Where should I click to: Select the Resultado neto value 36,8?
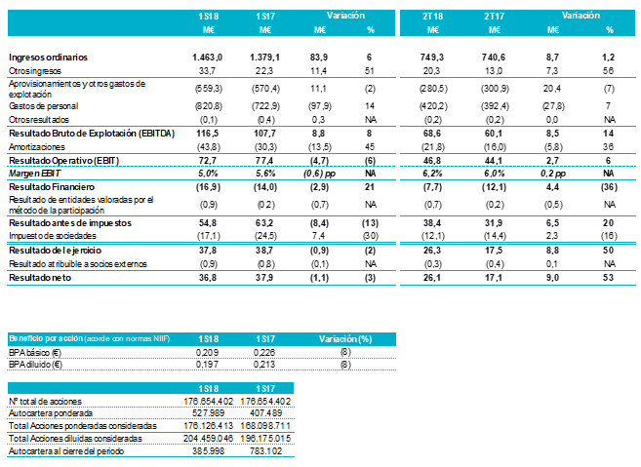coord(214,278)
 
